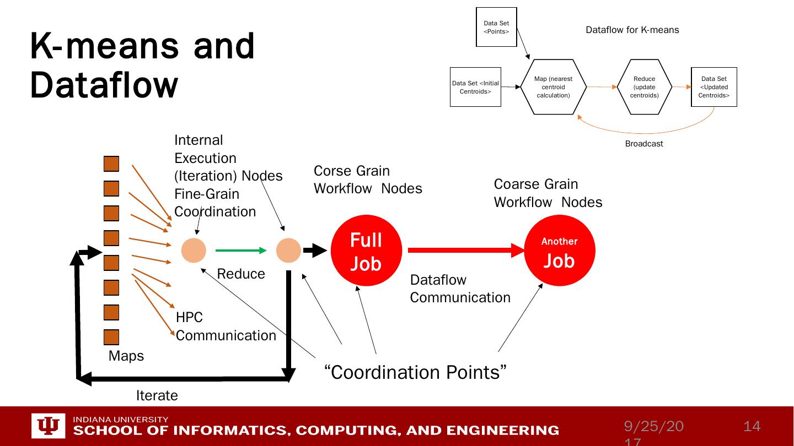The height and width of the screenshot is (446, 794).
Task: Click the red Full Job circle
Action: point(366,251)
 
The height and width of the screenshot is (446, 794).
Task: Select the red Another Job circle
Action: point(559,251)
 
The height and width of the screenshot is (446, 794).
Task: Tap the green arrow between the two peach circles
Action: point(240,251)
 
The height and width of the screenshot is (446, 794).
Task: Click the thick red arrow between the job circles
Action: point(465,251)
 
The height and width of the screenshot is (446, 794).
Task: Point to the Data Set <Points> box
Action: point(496,27)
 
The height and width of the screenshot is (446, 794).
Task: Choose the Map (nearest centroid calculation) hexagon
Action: point(553,87)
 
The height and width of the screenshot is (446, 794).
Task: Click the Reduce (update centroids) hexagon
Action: point(644,87)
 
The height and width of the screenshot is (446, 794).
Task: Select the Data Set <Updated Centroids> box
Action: point(713,87)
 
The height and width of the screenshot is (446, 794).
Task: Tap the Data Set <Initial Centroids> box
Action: point(475,87)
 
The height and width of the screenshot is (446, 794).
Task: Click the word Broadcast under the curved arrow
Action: point(643,144)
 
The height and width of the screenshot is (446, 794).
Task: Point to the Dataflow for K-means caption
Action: point(632,30)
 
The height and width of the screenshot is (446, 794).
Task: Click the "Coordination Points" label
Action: point(415,372)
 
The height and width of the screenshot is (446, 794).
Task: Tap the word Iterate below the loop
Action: point(157,395)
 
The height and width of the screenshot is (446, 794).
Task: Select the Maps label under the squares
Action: point(126,356)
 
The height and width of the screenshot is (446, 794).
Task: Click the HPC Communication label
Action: point(226,327)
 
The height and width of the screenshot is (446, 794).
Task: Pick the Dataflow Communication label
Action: point(460,289)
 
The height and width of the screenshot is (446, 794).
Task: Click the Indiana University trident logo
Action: point(49,426)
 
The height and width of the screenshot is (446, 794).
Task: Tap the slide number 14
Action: point(752,426)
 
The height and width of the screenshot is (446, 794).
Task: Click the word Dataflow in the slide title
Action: point(104,85)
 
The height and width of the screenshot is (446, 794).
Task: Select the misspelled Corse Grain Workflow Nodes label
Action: point(368,180)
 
